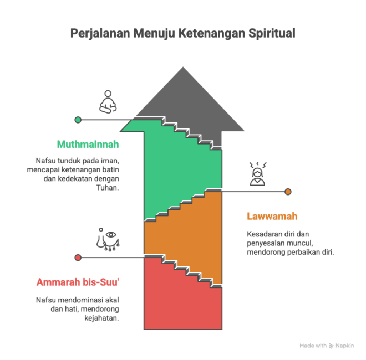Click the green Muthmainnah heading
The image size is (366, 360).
pos(88,145)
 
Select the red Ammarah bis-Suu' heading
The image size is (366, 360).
pos(78,282)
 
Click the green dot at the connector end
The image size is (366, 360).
pos(78,119)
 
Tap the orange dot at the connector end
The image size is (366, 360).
pos(288,192)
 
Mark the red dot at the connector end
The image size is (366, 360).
pos(78,257)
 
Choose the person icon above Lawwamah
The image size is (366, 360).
pos(256,173)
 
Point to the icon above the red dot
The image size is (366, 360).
pos(107,240)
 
